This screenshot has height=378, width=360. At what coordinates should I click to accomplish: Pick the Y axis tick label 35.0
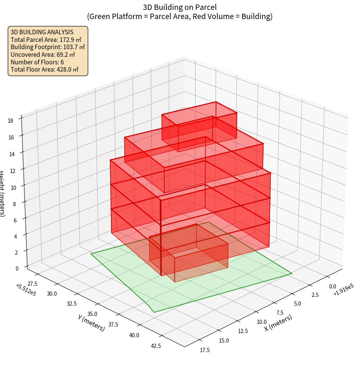(x=93, y=314)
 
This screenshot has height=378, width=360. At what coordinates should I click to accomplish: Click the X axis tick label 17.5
(x=204, y=350)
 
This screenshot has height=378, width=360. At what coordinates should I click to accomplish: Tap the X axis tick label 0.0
(x=332, y=286)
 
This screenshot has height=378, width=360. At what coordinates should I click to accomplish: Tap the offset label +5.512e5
(x=26, y=290)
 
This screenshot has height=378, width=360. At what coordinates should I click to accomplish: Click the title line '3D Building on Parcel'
(x=180, y=7)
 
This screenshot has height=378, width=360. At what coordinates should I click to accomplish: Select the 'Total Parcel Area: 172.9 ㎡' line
(x=46, y=39)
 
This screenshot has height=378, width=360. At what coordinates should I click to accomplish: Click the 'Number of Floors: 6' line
(x=37, y=62)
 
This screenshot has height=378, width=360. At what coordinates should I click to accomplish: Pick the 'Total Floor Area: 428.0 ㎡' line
(x=45, y=70)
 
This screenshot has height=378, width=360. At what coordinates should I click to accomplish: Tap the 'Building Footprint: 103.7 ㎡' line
(x=48, y=47)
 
